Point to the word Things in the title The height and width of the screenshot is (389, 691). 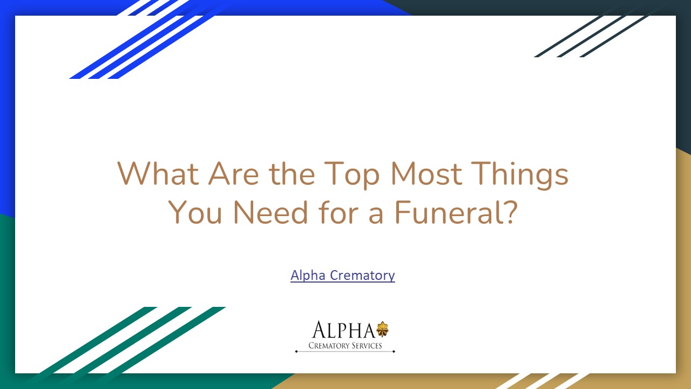click(x=523, y=174)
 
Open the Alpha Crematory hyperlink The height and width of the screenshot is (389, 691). click(x=342, y=275)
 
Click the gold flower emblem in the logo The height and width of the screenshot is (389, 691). click(x=382, y=328)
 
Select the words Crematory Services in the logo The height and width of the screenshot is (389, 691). click(x=345, y=345)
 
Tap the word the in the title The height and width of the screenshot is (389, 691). click(x=292, y=174)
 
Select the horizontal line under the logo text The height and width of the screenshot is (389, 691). click(x=345, y=351)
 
